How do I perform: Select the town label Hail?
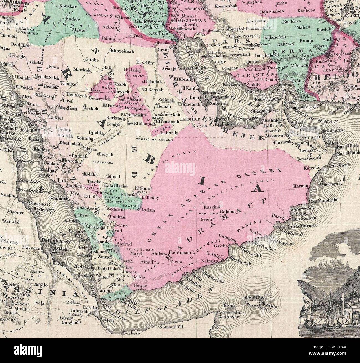point(107,68)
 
